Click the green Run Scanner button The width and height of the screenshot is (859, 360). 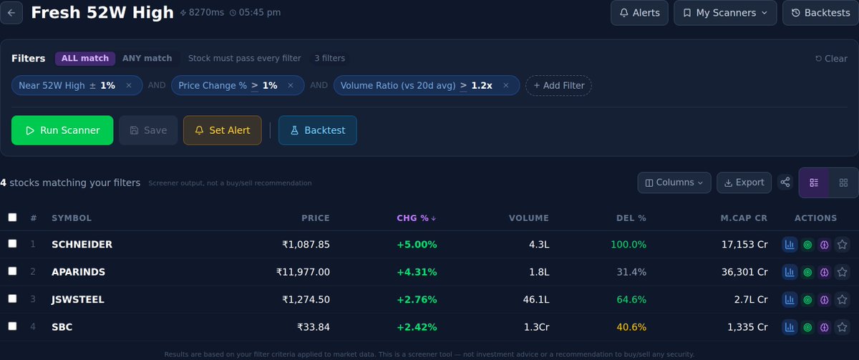[x=62, y=130]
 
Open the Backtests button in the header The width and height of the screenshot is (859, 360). [x=820, y=13]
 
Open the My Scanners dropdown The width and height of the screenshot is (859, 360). [x=725, y=13]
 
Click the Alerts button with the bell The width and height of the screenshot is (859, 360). [x=639, y=13]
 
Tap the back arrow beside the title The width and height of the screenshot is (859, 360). [x=11, y=13]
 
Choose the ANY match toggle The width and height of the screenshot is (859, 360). [x=147, y=59]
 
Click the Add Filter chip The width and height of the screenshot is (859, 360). [x=558, y=86]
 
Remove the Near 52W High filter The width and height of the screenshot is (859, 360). [x=129, y=86]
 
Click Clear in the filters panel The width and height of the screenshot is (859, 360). [x=831, y=59]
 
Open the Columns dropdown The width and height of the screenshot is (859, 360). [x=674, y=183]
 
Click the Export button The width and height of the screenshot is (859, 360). [x=744, y=183]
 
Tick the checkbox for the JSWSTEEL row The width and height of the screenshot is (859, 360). [x=12, y=299]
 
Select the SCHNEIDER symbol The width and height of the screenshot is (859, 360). [x=82, y=245]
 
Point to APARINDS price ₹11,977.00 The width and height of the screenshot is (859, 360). [x=303, y=272]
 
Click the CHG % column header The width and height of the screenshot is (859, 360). [x=416, y=218]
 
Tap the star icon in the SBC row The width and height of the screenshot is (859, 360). [x=842, y=327]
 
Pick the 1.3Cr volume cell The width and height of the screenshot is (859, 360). [x=536, y=327]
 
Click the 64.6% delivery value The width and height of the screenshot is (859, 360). [x=631, y=299]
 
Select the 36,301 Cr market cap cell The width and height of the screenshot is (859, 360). [x=744, y=272]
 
